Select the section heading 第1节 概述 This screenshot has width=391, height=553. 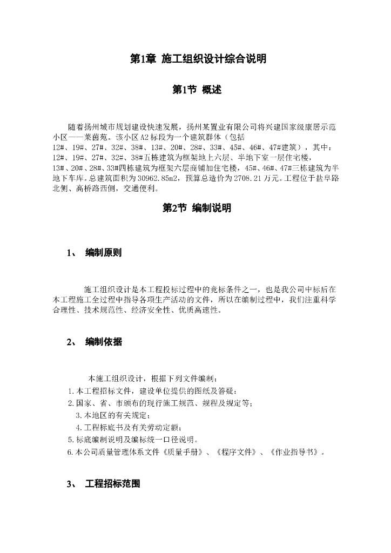[x=196, y=90]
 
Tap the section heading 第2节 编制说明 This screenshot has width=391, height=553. [x=196, y=208]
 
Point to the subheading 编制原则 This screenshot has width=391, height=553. [x=104, y=253]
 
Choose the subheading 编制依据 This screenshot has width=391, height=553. [x=104, y=341]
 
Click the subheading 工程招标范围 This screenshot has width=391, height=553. [x=112, y=484]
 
